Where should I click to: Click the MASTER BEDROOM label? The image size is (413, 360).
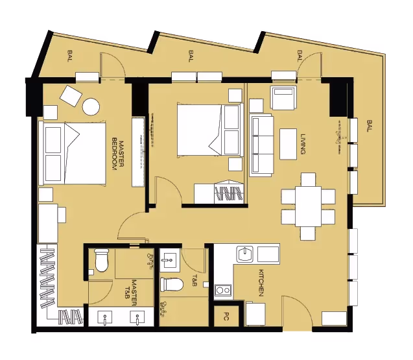116,154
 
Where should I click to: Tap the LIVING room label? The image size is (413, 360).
303,143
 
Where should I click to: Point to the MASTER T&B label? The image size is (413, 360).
130,294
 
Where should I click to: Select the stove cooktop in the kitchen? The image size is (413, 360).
224,290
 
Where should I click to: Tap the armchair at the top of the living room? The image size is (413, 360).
283,99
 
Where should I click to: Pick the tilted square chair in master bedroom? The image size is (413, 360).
70,96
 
